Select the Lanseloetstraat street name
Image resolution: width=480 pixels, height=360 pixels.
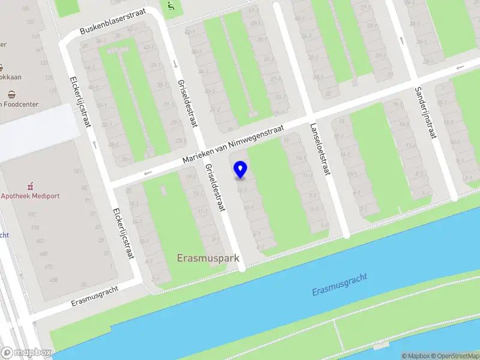click(320, 149)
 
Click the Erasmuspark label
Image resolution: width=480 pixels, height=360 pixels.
click(208, 259)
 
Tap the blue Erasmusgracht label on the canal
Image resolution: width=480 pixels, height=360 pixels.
click(339, 284)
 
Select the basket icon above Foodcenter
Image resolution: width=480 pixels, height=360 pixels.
click(11, 94)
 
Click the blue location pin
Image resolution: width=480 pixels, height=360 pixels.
click(240, 169)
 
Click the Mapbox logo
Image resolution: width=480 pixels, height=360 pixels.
click(26, 353)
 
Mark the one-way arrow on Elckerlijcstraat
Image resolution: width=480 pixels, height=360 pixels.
click(95, 144)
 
